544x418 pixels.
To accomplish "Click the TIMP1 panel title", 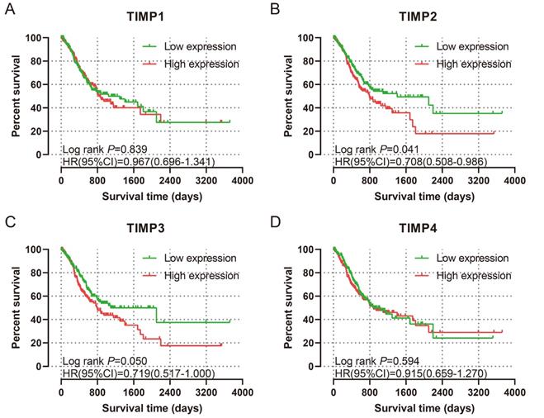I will tap(150, 20).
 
